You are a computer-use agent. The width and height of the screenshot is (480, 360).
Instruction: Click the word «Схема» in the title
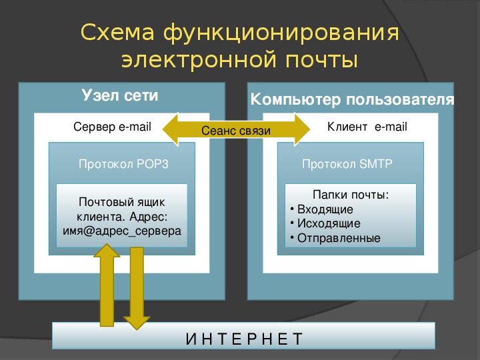click(x=117, y=32)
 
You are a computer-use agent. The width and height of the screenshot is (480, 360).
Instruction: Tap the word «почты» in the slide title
click(x=321, y=60)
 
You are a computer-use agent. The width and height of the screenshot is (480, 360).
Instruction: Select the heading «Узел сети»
click(x=120, y=95)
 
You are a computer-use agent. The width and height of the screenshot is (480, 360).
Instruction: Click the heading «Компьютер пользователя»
click(x=352, y=99)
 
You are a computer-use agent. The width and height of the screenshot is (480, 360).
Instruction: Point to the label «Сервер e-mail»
click(x=113, y=127)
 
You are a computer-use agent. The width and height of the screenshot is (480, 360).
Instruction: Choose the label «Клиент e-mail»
click(x=367, y=127)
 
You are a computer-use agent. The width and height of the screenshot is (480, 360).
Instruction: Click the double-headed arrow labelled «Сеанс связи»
click(x=236, y=129)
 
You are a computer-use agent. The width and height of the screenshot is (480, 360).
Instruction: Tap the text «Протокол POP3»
click(x=124, y=164)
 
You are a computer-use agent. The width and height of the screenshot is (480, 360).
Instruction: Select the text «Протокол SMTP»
click(x=347, y=164)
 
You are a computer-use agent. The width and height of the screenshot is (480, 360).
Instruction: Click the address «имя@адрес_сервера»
click(x=122, y=231)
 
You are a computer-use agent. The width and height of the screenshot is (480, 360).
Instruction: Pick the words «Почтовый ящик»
click(x=122, y=202)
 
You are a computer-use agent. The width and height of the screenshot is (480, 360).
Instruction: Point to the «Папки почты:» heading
click(x=351, y=195)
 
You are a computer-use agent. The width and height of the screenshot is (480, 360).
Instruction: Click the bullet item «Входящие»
click(x=325, y=209)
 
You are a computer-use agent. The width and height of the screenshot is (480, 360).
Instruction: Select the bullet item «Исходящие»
click(x=329, y=223)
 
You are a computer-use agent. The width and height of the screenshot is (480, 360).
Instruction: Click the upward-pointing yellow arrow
click(x=107, y=285)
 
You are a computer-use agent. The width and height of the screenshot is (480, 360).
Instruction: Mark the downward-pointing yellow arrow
click(x=137, y=289)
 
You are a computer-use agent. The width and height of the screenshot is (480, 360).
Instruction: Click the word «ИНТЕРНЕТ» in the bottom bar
click(x=244, y=339)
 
